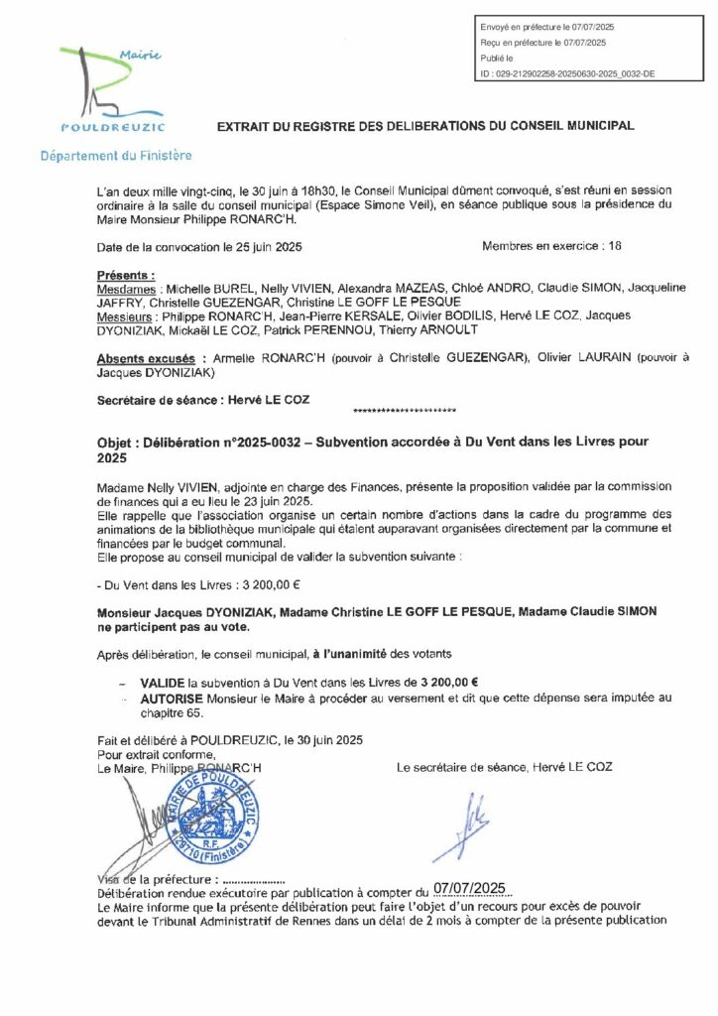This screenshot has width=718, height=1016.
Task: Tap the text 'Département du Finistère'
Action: pos(116,156)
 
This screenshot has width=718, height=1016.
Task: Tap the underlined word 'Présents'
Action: pos(126,273)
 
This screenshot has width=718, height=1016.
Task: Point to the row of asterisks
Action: pos(405,409)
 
